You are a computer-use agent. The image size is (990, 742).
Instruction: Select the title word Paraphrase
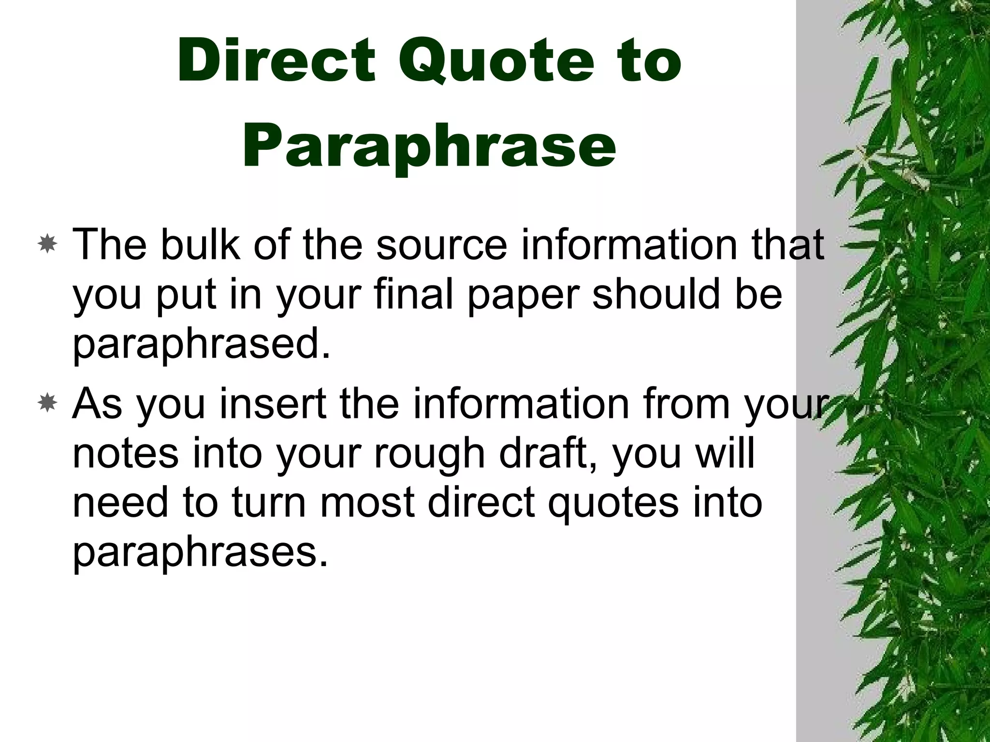point(429,145)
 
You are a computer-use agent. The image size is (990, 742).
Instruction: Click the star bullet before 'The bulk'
point(48,245)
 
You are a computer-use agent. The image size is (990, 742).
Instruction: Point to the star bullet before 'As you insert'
point(48,403)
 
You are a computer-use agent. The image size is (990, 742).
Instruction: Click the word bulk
point(200,245)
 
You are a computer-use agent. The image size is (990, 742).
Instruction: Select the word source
point(442,245)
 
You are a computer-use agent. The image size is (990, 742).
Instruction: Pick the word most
point(367,503)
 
